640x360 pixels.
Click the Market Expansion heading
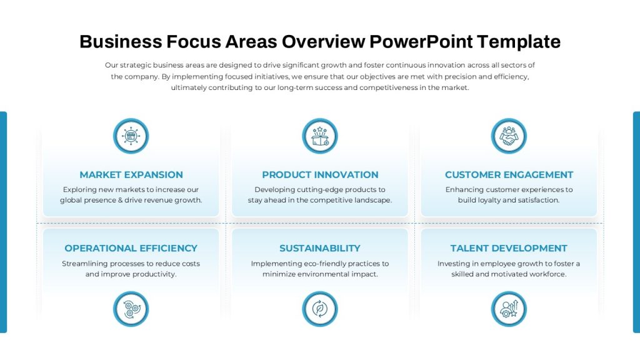[x=131, y=175]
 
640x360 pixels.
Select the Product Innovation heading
[x=320, y=175]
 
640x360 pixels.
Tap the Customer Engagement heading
[x=509, y=175]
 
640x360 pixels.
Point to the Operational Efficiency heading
[x=131, y=248]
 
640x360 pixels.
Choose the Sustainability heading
[x=320, y=248]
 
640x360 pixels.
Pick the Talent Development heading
[x=509, y=248]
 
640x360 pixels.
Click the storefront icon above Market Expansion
[x=131, y=136]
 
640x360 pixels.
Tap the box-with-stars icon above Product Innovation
[x=320, y=136]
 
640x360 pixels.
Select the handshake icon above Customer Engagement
[x=509, y=136]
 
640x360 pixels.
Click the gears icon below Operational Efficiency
[x=131, y=309]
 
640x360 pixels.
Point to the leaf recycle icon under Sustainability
[x=320, y=309]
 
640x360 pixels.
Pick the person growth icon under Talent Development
[x=509, y=309]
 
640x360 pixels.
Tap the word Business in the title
[x=121, y=42]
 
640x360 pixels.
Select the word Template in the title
[x=518, y=42]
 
